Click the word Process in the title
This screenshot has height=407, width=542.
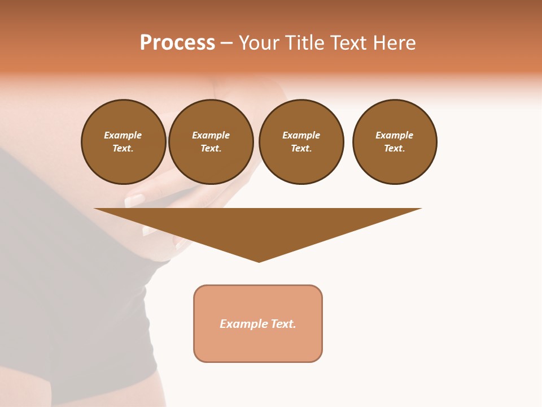click(x=177, y=43)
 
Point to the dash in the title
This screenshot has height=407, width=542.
click(x=226, y=44)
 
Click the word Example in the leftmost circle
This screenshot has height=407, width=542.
click(x=123, y=135)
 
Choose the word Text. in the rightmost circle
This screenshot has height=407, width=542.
click(x=395, y=148)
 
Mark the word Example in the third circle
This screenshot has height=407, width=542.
click(x=301, y=135)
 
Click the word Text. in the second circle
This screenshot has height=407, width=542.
click(x=211, y=148)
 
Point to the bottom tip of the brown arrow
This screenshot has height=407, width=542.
click(x=259, y=261)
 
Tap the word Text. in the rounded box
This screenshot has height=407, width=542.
click(x=283, y=324)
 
